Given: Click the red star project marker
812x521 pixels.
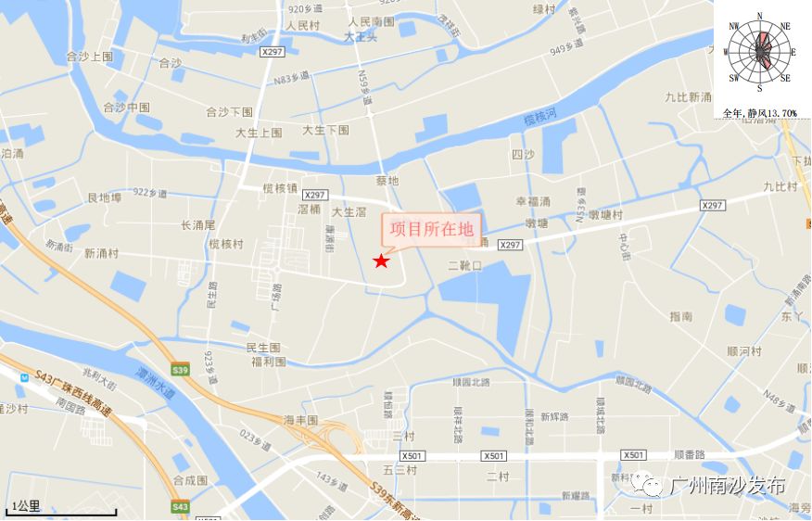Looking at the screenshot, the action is pyautogui.click(x=381, y=261).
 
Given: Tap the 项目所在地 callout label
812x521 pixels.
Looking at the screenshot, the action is pyautogui.click(x=431, y=228).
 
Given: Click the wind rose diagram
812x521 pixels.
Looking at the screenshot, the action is pyautogui.click(x=761, y=53).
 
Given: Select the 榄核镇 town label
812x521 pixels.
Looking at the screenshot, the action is pyautogui.click(x=279, y=188).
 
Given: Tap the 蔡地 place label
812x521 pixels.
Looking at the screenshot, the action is pyautogui.click(x=387, y=181).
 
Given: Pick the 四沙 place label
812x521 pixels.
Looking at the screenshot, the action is pyautogui.click(x=523, y=155).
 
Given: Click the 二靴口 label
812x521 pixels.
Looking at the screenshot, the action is pyautogui.click(x=464, y=265).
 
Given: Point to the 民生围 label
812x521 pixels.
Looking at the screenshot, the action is pyautogui.click(x=263, y=348).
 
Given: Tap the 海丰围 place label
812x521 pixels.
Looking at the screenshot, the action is pyautogui.click(x=300, y=420).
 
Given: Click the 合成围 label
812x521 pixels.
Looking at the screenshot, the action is pyautogui.click(x=190, y=480).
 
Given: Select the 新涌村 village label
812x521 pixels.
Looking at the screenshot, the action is pyautogui.click(x=101, y=253).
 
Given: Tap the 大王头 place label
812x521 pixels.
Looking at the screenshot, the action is pyautogui.click(x=361, y=37).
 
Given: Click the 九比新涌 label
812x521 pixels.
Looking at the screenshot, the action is pyautogui.click(x=688, y=96).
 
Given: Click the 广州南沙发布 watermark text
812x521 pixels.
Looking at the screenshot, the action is pyautogui.click(x=727, y=485).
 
